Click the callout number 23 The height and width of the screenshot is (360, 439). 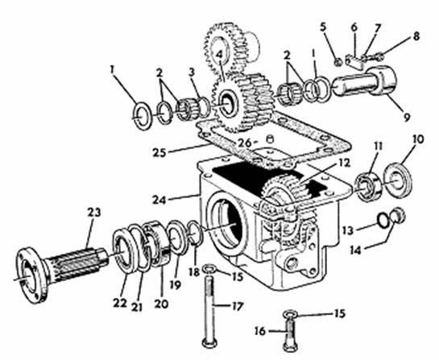point(93,213)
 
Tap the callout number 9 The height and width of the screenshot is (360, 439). point(407,117)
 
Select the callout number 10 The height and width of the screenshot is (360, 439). point(417,139)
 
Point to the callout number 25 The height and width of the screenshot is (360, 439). point(159,152)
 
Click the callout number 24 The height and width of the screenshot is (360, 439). point(159,200)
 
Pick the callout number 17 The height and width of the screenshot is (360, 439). point(237,307)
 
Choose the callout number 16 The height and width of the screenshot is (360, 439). point(260,331)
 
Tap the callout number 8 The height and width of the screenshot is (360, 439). point(416,36)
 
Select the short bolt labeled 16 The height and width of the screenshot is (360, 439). point(289,331)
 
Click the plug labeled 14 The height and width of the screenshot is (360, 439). point(399,215)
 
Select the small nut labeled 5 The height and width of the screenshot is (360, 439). point(338,62)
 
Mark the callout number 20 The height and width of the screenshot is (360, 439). point(161,304)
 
